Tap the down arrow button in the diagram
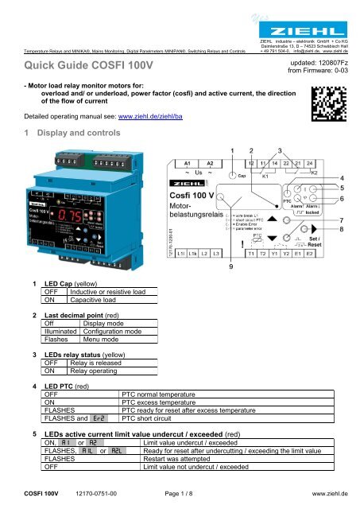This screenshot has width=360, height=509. (x=285, y=238)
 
